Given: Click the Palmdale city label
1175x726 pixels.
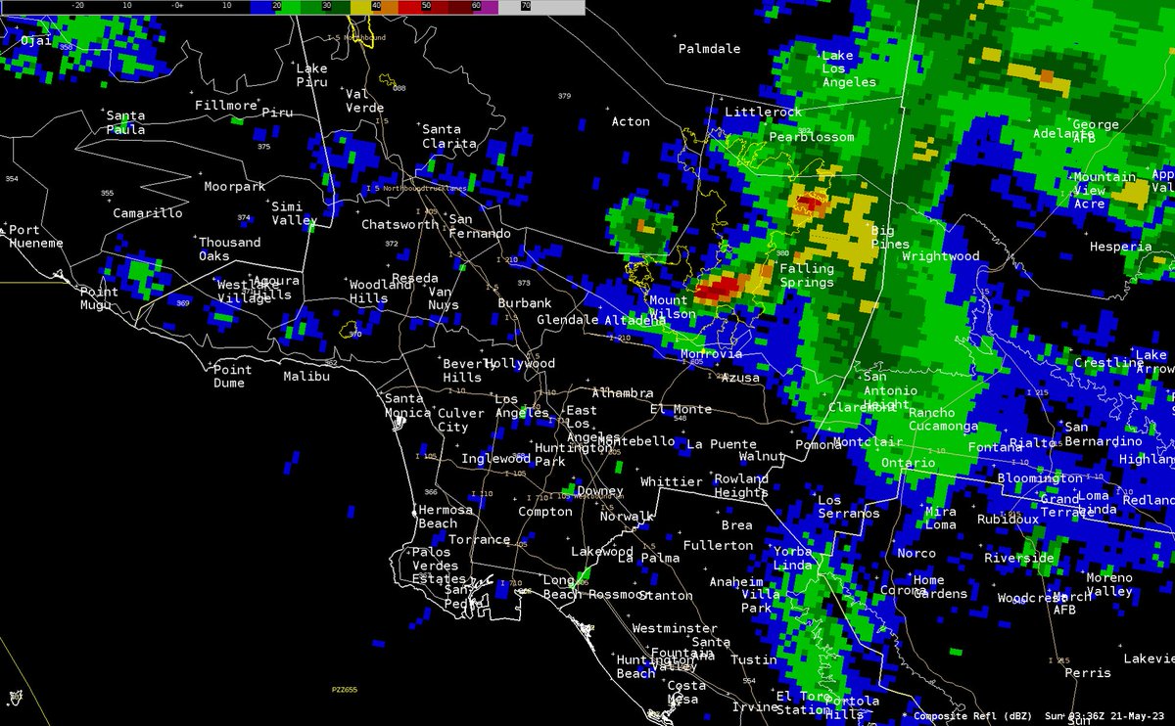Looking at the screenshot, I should click(x=710, y=48).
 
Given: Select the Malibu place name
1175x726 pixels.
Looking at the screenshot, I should click(x=303, y=376).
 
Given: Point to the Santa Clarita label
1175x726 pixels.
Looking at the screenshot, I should click(x=448, y=136).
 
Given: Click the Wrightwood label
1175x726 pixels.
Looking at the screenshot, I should click(x=940, y=256).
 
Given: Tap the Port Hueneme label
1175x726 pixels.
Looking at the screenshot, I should click(x=36, y=236).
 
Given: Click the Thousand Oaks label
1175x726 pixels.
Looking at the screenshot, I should click(x=229, y=249).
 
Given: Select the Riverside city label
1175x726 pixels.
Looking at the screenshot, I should click(x=1019, y=558).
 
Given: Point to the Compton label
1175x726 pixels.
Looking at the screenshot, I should click(x=544, y=511).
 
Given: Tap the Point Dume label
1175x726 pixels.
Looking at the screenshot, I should click(x=232, y=376).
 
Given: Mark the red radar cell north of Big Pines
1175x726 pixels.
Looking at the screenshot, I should click(x=809, y=204).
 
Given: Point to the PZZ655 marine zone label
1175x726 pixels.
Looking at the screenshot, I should click(x=345, y=690).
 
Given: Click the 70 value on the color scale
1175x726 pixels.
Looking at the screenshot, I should click(x=526, y=5).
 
